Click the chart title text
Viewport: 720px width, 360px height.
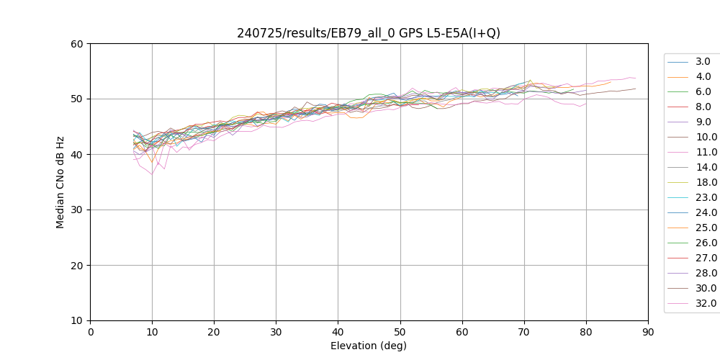point(369,33)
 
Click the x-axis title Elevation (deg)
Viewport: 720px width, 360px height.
point(369,346)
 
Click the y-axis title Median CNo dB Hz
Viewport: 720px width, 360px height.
point(60,181)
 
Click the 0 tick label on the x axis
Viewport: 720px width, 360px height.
point(90,331)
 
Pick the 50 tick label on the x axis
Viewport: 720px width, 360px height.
point(400,331)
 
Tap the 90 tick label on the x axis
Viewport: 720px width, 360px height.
point(648,331)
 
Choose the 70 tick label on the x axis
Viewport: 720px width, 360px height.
point(524,331)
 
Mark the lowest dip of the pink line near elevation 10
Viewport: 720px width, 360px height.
point(152,174)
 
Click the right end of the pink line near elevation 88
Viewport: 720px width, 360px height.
point(636,78)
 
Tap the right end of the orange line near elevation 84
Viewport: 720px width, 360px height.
point(611,82)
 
